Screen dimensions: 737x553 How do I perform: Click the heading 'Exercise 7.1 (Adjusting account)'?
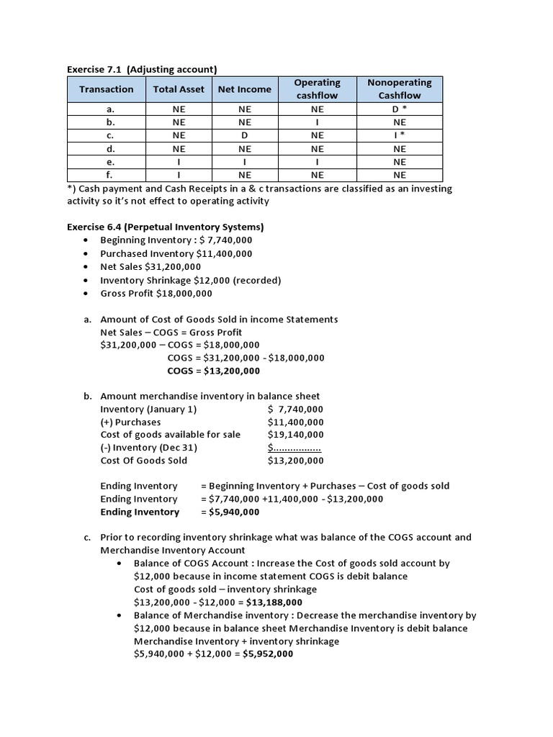(141, 69)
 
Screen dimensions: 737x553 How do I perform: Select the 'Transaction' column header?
(106, 89)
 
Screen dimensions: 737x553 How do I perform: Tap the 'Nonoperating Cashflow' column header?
(400, 89)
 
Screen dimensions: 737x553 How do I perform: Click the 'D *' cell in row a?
(400, 109)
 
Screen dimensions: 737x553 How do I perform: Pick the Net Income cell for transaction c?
(245, 135)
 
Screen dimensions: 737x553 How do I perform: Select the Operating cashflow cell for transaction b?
(317, 122)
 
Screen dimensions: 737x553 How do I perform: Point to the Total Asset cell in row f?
(179, 175)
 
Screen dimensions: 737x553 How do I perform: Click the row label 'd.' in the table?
(106, 148)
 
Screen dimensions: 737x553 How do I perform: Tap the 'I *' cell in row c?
(400, 135)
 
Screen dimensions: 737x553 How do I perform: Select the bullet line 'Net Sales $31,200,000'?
(150, 267)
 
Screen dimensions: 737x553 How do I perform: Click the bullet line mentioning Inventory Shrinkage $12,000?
(190, 280)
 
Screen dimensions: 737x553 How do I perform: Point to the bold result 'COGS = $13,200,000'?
(213, 371)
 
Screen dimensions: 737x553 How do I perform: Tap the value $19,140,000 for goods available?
(295, 435)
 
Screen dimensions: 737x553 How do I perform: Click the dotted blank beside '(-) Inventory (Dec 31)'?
(294, 448)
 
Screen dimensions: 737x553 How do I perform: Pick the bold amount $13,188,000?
(274, 602)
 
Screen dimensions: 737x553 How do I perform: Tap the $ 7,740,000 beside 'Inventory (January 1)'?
(295, 409)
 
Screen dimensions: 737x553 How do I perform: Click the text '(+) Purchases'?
(130, 422)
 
